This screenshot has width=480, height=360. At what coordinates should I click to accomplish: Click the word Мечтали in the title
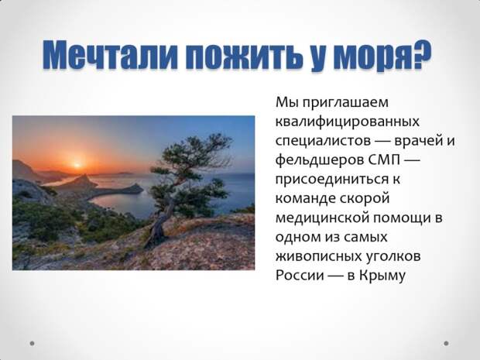tap(110, 54)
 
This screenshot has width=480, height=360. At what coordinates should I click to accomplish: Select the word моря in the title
tap(368, 57)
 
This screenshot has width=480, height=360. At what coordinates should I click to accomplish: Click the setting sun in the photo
tap(77, 165)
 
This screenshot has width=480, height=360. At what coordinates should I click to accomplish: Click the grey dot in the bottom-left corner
tap(33, 343)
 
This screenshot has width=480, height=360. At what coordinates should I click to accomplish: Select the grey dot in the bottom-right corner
tap(446, 343)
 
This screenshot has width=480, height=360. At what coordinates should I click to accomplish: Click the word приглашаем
tap(345, 103)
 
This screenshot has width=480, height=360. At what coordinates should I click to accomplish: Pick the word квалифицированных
tap(348, 122)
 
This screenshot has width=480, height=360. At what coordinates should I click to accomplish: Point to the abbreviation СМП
tap(384, 159)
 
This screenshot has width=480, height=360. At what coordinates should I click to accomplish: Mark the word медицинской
tap(322, 218)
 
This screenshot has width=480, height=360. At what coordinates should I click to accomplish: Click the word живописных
tap(318, 256)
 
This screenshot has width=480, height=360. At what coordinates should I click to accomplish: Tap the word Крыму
tap(382, 276)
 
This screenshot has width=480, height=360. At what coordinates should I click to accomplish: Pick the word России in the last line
tap(300, 275)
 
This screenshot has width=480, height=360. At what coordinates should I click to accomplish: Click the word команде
tap(305, 199)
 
